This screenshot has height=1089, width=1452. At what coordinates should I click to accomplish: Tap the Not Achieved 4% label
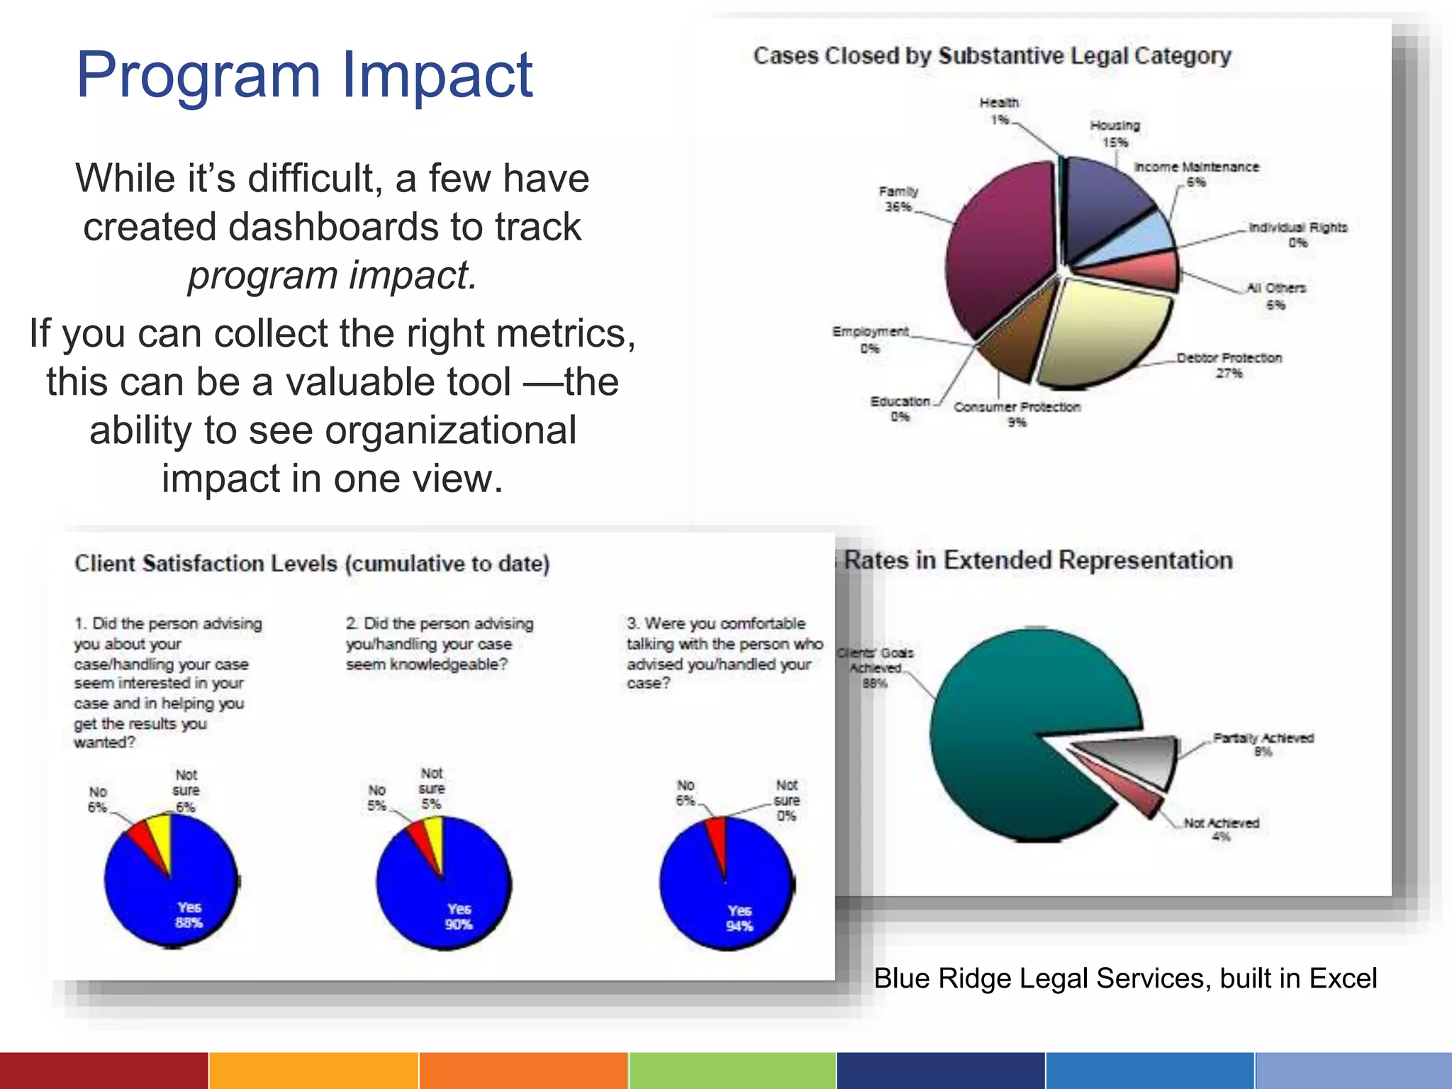(1221, 830)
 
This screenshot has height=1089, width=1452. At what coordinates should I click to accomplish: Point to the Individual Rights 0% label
(1297, 235)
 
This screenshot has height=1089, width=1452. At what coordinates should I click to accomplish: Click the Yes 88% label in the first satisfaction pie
(189, 915)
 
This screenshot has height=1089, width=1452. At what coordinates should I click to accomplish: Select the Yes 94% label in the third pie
(739, 918)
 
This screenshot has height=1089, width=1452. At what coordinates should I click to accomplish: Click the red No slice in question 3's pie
(717, 840)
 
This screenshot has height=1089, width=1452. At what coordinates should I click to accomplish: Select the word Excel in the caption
(1343, 978)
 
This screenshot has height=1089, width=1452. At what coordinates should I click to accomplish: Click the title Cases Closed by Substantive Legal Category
(992, 56)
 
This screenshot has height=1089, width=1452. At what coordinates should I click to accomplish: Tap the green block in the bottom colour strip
(732, 1071)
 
